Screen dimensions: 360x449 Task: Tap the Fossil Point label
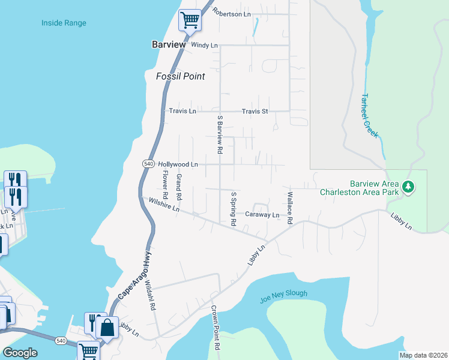(x=181, y=76)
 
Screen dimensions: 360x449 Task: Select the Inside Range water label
(x=64, y=23)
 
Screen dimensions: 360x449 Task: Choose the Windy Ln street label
(x=204, y=45)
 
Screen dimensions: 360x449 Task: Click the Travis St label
(x=255, y=111)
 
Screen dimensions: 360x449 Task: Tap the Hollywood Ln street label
(x=178, y=164)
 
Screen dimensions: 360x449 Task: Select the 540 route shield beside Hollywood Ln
(x=148, y=164)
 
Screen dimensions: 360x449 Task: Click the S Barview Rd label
(x=220, y=134)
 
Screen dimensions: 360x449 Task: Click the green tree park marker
(x=408, y=187)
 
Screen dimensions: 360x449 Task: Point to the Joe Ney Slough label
(x=284, y=294)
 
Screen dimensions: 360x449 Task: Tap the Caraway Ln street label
(x=262, y=214)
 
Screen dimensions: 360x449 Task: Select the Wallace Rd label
(x=289, y=208)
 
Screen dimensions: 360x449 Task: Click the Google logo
(x=20, y=353)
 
